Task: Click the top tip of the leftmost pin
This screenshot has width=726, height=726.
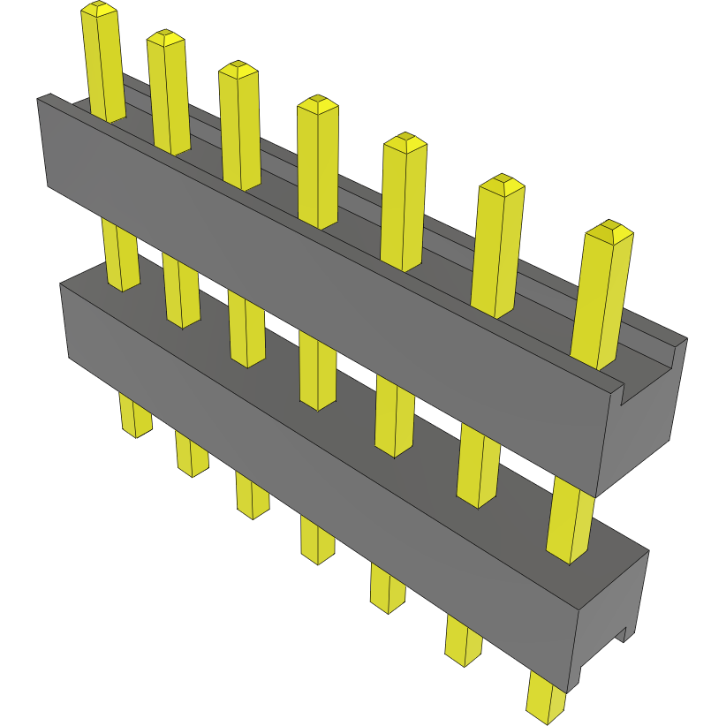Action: pos(99,10)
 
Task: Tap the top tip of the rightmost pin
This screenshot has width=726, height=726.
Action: pos(610,232)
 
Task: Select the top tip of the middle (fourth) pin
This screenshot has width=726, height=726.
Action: pos(318,105)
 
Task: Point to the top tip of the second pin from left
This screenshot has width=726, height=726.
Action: pos(165,38)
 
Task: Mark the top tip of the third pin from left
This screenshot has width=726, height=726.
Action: pos(238,70)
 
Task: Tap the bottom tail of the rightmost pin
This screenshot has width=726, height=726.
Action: pos(545,698)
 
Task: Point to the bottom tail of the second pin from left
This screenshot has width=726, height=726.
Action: pos(191,455)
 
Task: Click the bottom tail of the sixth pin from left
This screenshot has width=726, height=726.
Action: pos(463,641)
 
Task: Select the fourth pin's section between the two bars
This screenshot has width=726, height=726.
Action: pos(318,371)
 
